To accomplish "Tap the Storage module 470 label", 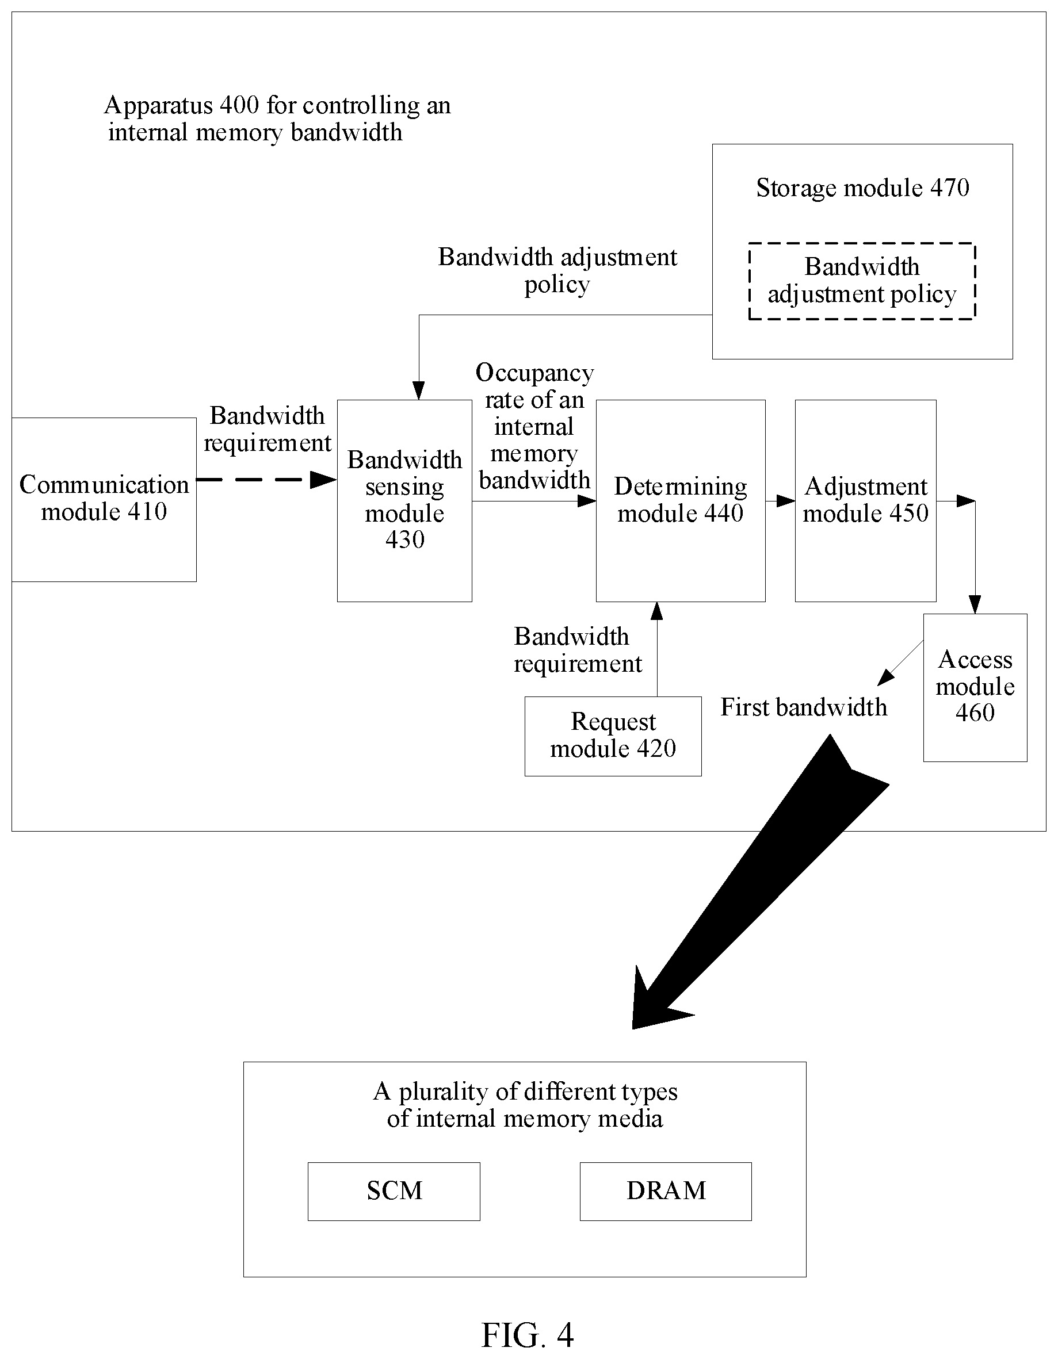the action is tap(862, 188).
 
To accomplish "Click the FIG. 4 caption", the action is tap(528, 1335).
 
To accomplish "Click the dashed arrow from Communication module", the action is tap(266, 480).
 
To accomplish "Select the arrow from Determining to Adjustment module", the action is tap(781, 501).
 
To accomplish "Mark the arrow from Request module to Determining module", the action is tap(657, 649).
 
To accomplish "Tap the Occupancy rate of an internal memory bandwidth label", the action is tap(534, 426).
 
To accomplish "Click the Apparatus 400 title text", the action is tap(277, 118).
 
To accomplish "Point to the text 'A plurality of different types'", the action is tap(525, 1092).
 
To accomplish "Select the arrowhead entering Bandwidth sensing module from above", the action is tap(419, 390).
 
